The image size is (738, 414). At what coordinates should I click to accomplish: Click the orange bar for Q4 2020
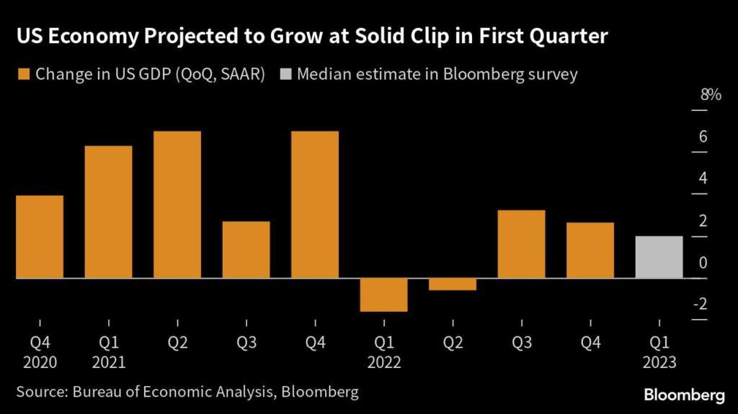(x=40, y=236)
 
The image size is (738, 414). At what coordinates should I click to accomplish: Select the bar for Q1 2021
(x=109, y=212)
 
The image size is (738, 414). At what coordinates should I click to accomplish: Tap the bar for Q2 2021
(x=177, y=204)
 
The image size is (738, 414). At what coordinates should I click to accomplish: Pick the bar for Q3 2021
(x=246, y=249)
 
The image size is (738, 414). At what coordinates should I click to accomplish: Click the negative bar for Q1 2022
(x=384, y=294)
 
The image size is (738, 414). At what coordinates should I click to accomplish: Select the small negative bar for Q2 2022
(x=453, y=284)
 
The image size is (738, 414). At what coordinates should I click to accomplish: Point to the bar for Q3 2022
(x=521, y=243)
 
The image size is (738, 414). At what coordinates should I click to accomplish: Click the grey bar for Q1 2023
(x=659, y=256)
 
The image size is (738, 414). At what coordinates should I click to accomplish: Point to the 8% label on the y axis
(x=709, y=95)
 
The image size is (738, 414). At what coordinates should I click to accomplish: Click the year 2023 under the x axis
(x=659, y=361)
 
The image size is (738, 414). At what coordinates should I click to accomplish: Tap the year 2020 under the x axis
(x=40, y=361)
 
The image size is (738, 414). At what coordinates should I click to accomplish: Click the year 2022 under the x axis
(x=384, y=361)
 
